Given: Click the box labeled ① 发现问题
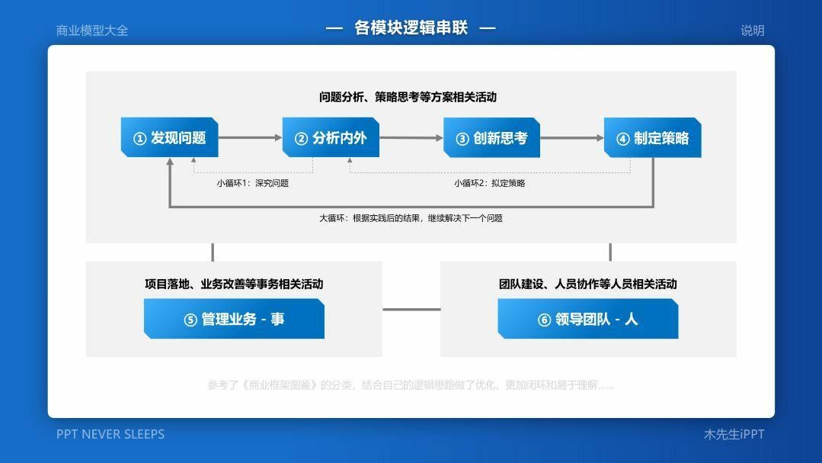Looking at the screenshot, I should coord(169,138).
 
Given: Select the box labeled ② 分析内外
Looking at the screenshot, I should coord(331,138).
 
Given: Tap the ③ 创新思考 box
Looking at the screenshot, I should coord(491,138).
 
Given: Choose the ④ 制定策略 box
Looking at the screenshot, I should coord(652,138).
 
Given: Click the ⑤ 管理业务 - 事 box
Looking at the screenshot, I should coord(234,319).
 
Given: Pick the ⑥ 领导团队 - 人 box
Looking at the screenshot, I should coord(587,319).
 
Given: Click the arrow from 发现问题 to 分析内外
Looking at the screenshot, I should coord(250,138).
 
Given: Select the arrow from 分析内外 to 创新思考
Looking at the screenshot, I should coord(411,138).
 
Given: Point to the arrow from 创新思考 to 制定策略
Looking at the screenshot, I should coord(572,138).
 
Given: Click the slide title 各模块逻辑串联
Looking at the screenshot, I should coord(411,28).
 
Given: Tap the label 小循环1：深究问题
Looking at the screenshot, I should coord(253,183).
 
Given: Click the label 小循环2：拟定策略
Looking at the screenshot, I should coord(490,183).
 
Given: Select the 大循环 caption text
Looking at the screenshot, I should coord(411,218).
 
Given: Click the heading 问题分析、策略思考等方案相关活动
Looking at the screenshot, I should coord(408,97).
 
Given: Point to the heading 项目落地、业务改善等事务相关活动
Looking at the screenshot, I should coord(234,284).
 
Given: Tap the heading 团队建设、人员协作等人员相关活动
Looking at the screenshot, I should coord(587,284).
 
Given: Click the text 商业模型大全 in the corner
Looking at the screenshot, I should coord(92,31).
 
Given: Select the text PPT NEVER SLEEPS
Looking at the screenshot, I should coord(110,434).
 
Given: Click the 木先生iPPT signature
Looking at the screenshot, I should coord(734,434).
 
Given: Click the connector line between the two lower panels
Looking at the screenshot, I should coord(411,310).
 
